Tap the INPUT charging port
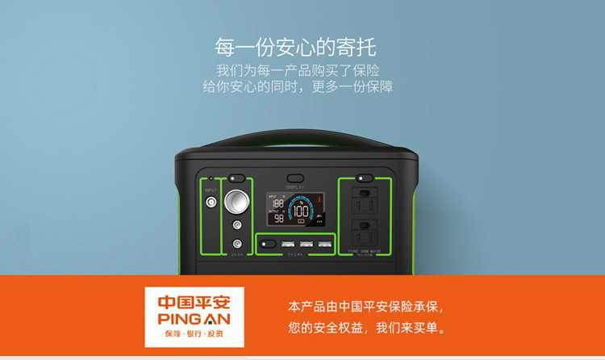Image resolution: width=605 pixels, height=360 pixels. (x=212, y=203)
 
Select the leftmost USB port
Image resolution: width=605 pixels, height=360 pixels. (x=287, y=244)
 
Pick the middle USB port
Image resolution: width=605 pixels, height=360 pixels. (x=307, y=244)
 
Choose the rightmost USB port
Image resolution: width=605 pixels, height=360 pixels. (x=325, y=244)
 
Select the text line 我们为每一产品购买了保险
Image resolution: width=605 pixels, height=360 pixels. (x=297, y=69)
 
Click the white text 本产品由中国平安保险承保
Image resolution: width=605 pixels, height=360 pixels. (x=365, y=308)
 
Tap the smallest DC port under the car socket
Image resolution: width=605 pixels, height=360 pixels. (x=237, y=242)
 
